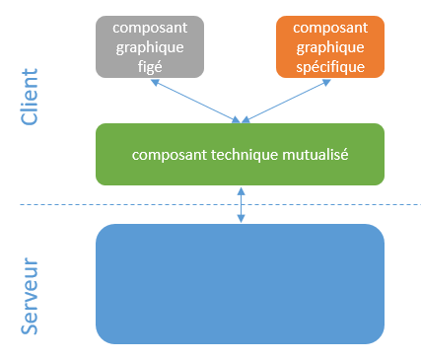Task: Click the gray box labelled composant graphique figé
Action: tap(150, 46)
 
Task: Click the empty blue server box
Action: tap(240, 284)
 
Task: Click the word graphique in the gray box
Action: tap(150, 46)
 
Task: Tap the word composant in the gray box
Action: tap(150, 28)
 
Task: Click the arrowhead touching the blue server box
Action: tap(243, 220)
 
